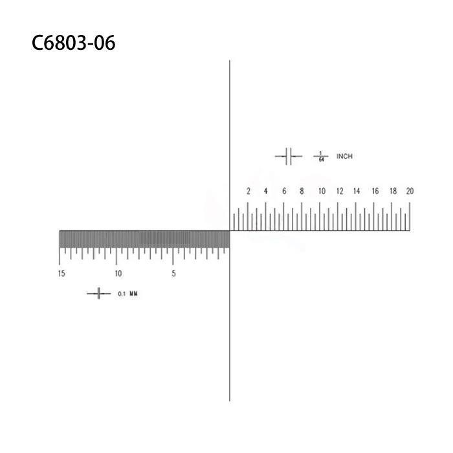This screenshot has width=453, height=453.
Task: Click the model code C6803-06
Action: click(73, 43)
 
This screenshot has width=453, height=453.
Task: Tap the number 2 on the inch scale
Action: click(248, 191)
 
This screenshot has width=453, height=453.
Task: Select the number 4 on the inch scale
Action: click(266, 191)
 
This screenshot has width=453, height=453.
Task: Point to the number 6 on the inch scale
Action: click(284, 191)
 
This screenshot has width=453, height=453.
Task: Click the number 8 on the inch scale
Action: click(302, 191)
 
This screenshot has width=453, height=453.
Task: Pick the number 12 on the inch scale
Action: click(339, 191)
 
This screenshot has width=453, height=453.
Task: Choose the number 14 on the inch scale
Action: click(357, 191)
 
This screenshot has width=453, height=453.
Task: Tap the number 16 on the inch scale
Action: click(375, 191)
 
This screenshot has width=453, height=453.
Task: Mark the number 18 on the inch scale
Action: click(393, 191)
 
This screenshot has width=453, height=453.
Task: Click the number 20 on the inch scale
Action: click(410, 191)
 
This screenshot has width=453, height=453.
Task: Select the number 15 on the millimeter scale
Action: click(61, 274)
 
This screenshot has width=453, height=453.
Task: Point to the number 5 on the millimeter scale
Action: click(173, 274)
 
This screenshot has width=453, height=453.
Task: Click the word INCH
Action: click(344, 157)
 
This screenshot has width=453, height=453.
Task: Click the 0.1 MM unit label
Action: click(127, 294)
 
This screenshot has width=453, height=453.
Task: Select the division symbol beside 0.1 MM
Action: click(98, 294)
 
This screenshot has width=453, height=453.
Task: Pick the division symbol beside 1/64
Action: click(289, 156)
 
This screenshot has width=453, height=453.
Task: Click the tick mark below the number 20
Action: click(409, 216)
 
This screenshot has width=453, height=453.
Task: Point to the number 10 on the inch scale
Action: click(321, 191)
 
